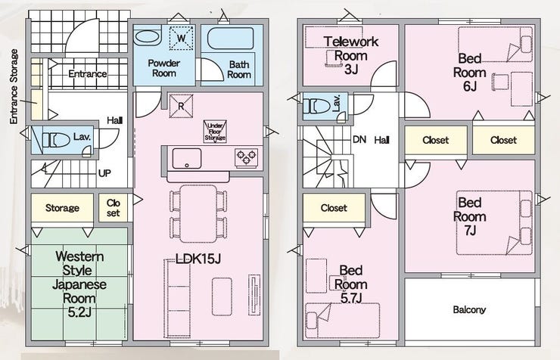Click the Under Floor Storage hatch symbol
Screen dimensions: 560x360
click(215, 132)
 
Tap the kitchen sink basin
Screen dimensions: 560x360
click(187, 158)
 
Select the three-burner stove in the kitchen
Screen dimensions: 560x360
click(247, 157)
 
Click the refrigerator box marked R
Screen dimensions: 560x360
click(181, 106)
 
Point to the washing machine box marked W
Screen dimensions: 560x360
click(182, 38)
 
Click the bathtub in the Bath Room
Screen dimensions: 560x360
click(231, 39)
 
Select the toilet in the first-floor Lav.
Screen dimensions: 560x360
click(56, 140)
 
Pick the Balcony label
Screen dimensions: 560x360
click(469, 309)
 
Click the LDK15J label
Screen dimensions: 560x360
click(198, 259)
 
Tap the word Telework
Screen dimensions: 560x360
click(350, 42)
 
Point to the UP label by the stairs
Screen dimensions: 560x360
click(104, 173)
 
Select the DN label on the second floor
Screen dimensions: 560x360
click(359, 139)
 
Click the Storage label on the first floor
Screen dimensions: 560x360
click(62, 208)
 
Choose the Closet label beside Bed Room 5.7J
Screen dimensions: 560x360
click(334, 208)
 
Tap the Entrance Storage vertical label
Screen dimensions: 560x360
click(14, 87)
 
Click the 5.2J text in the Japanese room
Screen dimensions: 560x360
click(79, 312)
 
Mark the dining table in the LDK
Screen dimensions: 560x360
click(198, 214)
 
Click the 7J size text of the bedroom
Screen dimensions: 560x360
click(471, 231)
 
